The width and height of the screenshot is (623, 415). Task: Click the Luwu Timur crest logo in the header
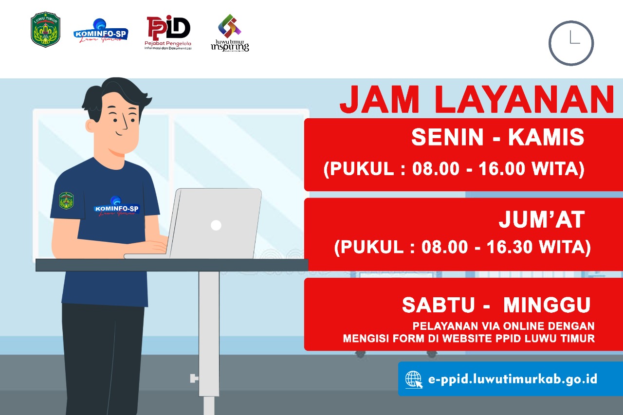click(45, 29)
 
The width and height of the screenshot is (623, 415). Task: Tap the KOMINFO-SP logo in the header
click(101, 32)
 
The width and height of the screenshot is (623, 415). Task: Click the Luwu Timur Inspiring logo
click(230, 33)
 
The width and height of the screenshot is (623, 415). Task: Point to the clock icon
click(571, 43)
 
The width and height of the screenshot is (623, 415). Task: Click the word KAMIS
click(546, 138)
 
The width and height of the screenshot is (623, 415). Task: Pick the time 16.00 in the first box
click(502, 169)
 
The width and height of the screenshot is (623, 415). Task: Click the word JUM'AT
click(541, 220)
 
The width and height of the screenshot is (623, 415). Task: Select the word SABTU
click(438, 305)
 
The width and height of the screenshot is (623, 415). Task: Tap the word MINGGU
click(547, 305)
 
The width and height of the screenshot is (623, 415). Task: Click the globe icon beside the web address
click(414, 379)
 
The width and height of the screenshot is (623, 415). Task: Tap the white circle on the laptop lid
click(216, 225)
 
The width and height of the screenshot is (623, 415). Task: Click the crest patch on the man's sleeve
click(66, 200)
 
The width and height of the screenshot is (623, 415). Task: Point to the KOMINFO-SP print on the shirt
click(116, 206)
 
